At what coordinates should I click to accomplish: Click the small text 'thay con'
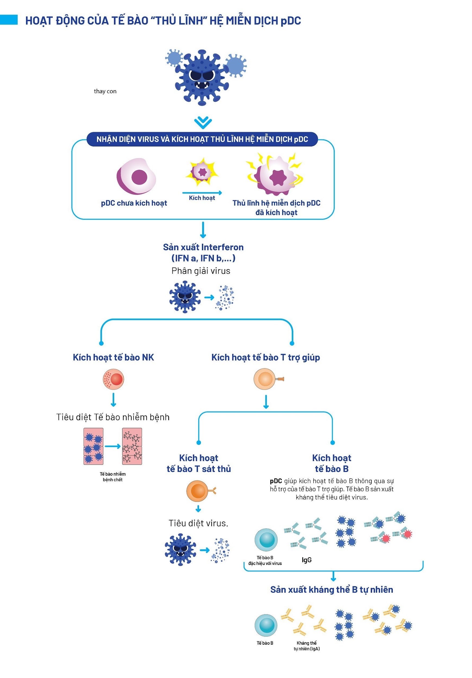click(105, 91)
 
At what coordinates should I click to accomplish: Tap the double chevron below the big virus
click(203, 123)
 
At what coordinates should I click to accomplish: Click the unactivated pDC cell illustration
click(136, 177)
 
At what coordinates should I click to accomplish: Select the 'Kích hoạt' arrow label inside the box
click(202, 198)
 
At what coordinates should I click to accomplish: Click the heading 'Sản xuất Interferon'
click(203, 247)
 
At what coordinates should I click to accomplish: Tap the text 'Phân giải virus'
click(201, 271)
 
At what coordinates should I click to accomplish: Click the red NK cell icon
click(113, 379)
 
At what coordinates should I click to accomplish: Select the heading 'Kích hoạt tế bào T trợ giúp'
click(265, 357)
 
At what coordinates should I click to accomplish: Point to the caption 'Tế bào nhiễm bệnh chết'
click(113, 476)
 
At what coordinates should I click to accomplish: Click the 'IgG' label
click(306, 560)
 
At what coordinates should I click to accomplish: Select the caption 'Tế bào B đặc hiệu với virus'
click(265, 560)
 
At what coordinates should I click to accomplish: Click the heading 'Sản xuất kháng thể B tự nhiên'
click(332, 589)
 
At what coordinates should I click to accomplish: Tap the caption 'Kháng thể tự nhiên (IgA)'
click(306, 645)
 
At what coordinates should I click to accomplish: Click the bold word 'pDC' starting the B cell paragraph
click(276, 481)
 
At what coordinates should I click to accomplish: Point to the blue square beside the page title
click(9, 20)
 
